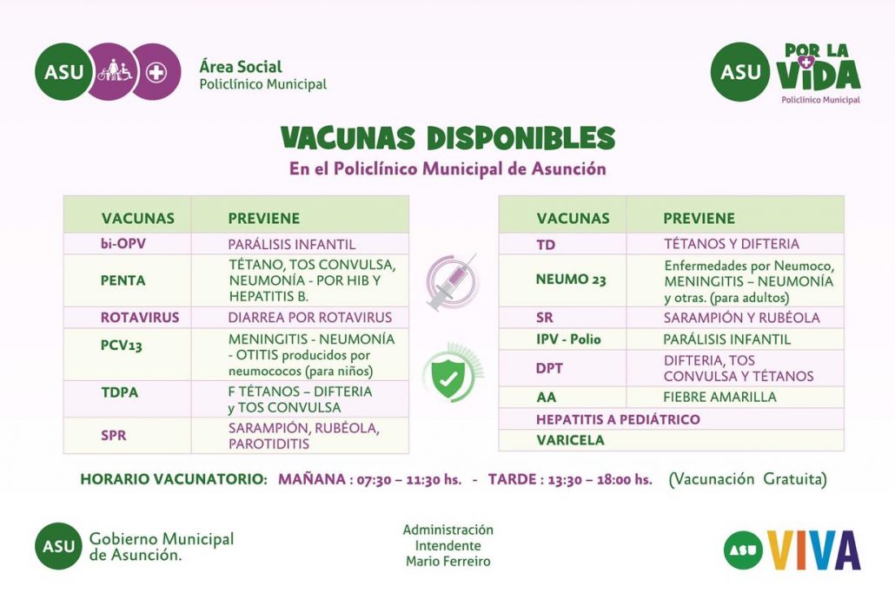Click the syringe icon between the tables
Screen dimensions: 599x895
point(452,282)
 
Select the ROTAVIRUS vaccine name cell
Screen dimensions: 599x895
point(127,318)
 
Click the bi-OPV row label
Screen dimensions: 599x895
point(123,244)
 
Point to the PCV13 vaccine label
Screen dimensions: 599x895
point(121,346)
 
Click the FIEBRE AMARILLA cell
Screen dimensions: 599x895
point(720,398)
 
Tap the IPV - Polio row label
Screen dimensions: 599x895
point(568,339)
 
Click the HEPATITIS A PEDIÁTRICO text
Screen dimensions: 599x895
point(618,419)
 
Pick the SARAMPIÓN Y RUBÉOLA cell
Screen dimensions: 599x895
point(741,318)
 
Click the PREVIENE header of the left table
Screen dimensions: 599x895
point(263,219)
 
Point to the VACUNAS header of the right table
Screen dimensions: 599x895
point(573,219)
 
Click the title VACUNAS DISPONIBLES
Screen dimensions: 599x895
point(447,138)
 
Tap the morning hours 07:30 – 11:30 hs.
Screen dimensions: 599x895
point(408,479)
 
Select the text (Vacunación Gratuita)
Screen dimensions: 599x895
point(747,479)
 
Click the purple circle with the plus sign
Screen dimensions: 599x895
point(156,72)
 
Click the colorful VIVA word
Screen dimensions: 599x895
point(814,549)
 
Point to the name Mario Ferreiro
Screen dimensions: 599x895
point(447,562)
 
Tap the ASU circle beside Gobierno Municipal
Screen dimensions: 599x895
point(58,546)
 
